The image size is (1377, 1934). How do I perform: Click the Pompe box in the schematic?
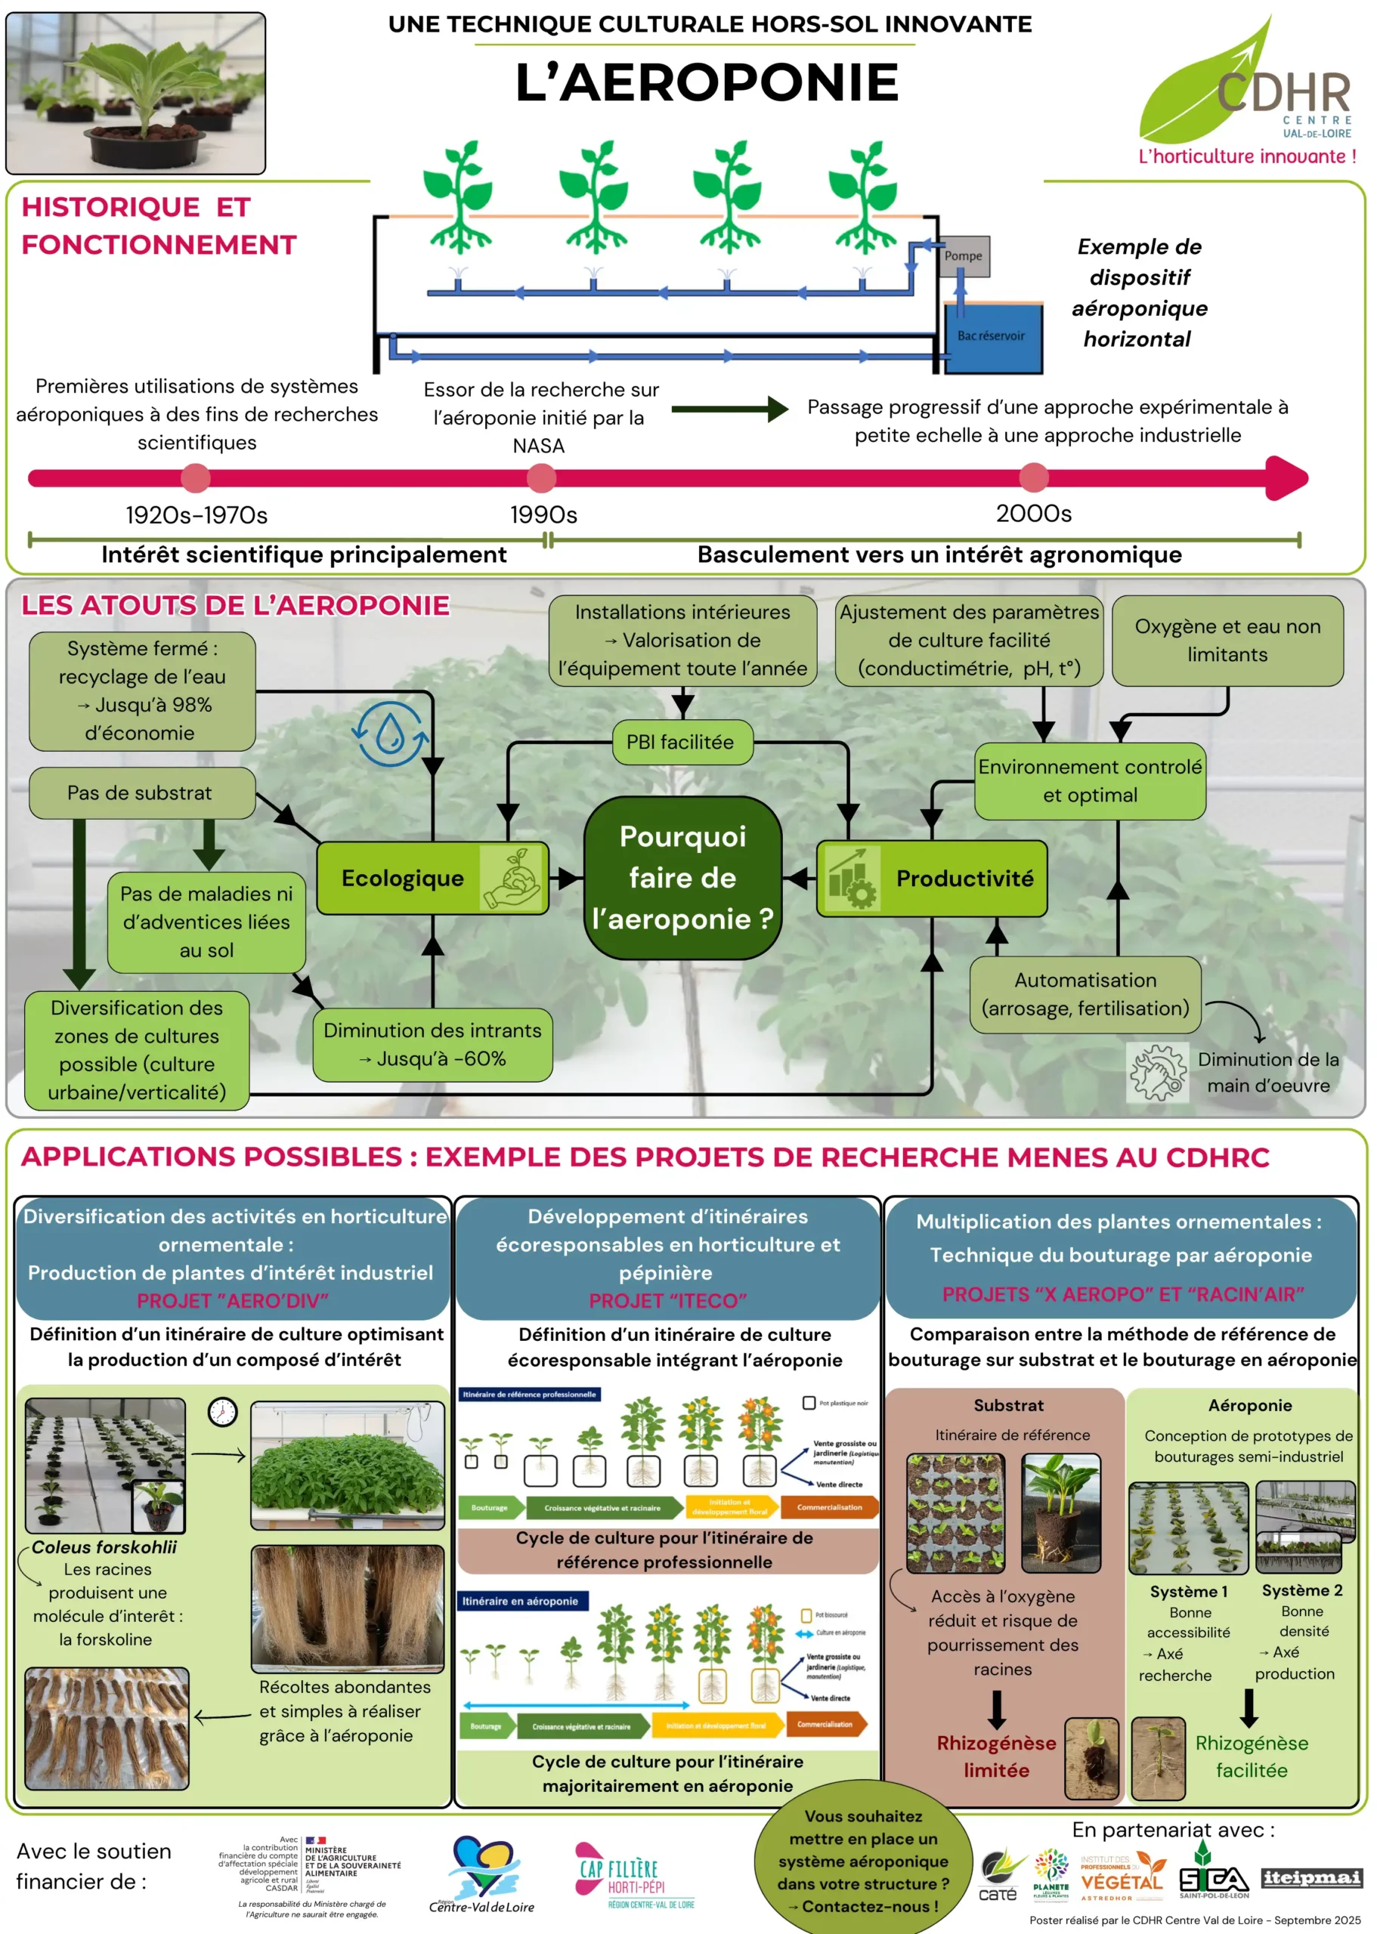pyautogui.click(x=964, y=256)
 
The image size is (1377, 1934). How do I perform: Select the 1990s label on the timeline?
pyautogui.click(x=543, y=514)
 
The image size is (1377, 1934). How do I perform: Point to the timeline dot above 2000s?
pyautogui.click(x=1034, y=478)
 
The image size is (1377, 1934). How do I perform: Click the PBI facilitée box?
pyautogui.click(x=681, y=743)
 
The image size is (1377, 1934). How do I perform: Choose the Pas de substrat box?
pyautogui.click(x=141, y=793)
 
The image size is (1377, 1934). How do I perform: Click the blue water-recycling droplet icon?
pyautogui.click(x=390, y=734)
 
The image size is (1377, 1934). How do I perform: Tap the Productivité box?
pyautogui.click(x=932, y=879)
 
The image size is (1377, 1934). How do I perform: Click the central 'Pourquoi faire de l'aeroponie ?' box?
pyautogui.click(x=682, y=878)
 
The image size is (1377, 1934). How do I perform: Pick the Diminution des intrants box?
pyautogui.click(x=432, y=1044)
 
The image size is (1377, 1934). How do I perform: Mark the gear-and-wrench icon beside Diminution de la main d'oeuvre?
pyautogui.click(x=1157, y=1072)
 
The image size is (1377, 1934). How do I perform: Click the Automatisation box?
pyautogui.click(x=1085, y=995)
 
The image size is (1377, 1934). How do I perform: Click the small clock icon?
pyautogui.click(x=223, y=1412)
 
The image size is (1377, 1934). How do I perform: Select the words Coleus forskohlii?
pyautogui.click(x=104, y=1547)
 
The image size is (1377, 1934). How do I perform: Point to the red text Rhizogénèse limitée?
pyautogui.click(x=996, y=1756)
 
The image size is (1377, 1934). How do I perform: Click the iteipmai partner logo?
pyautogui.click(x=1312, y=1877)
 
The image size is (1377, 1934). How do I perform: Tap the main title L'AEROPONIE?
pyautogui.click(x=707, y=83)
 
